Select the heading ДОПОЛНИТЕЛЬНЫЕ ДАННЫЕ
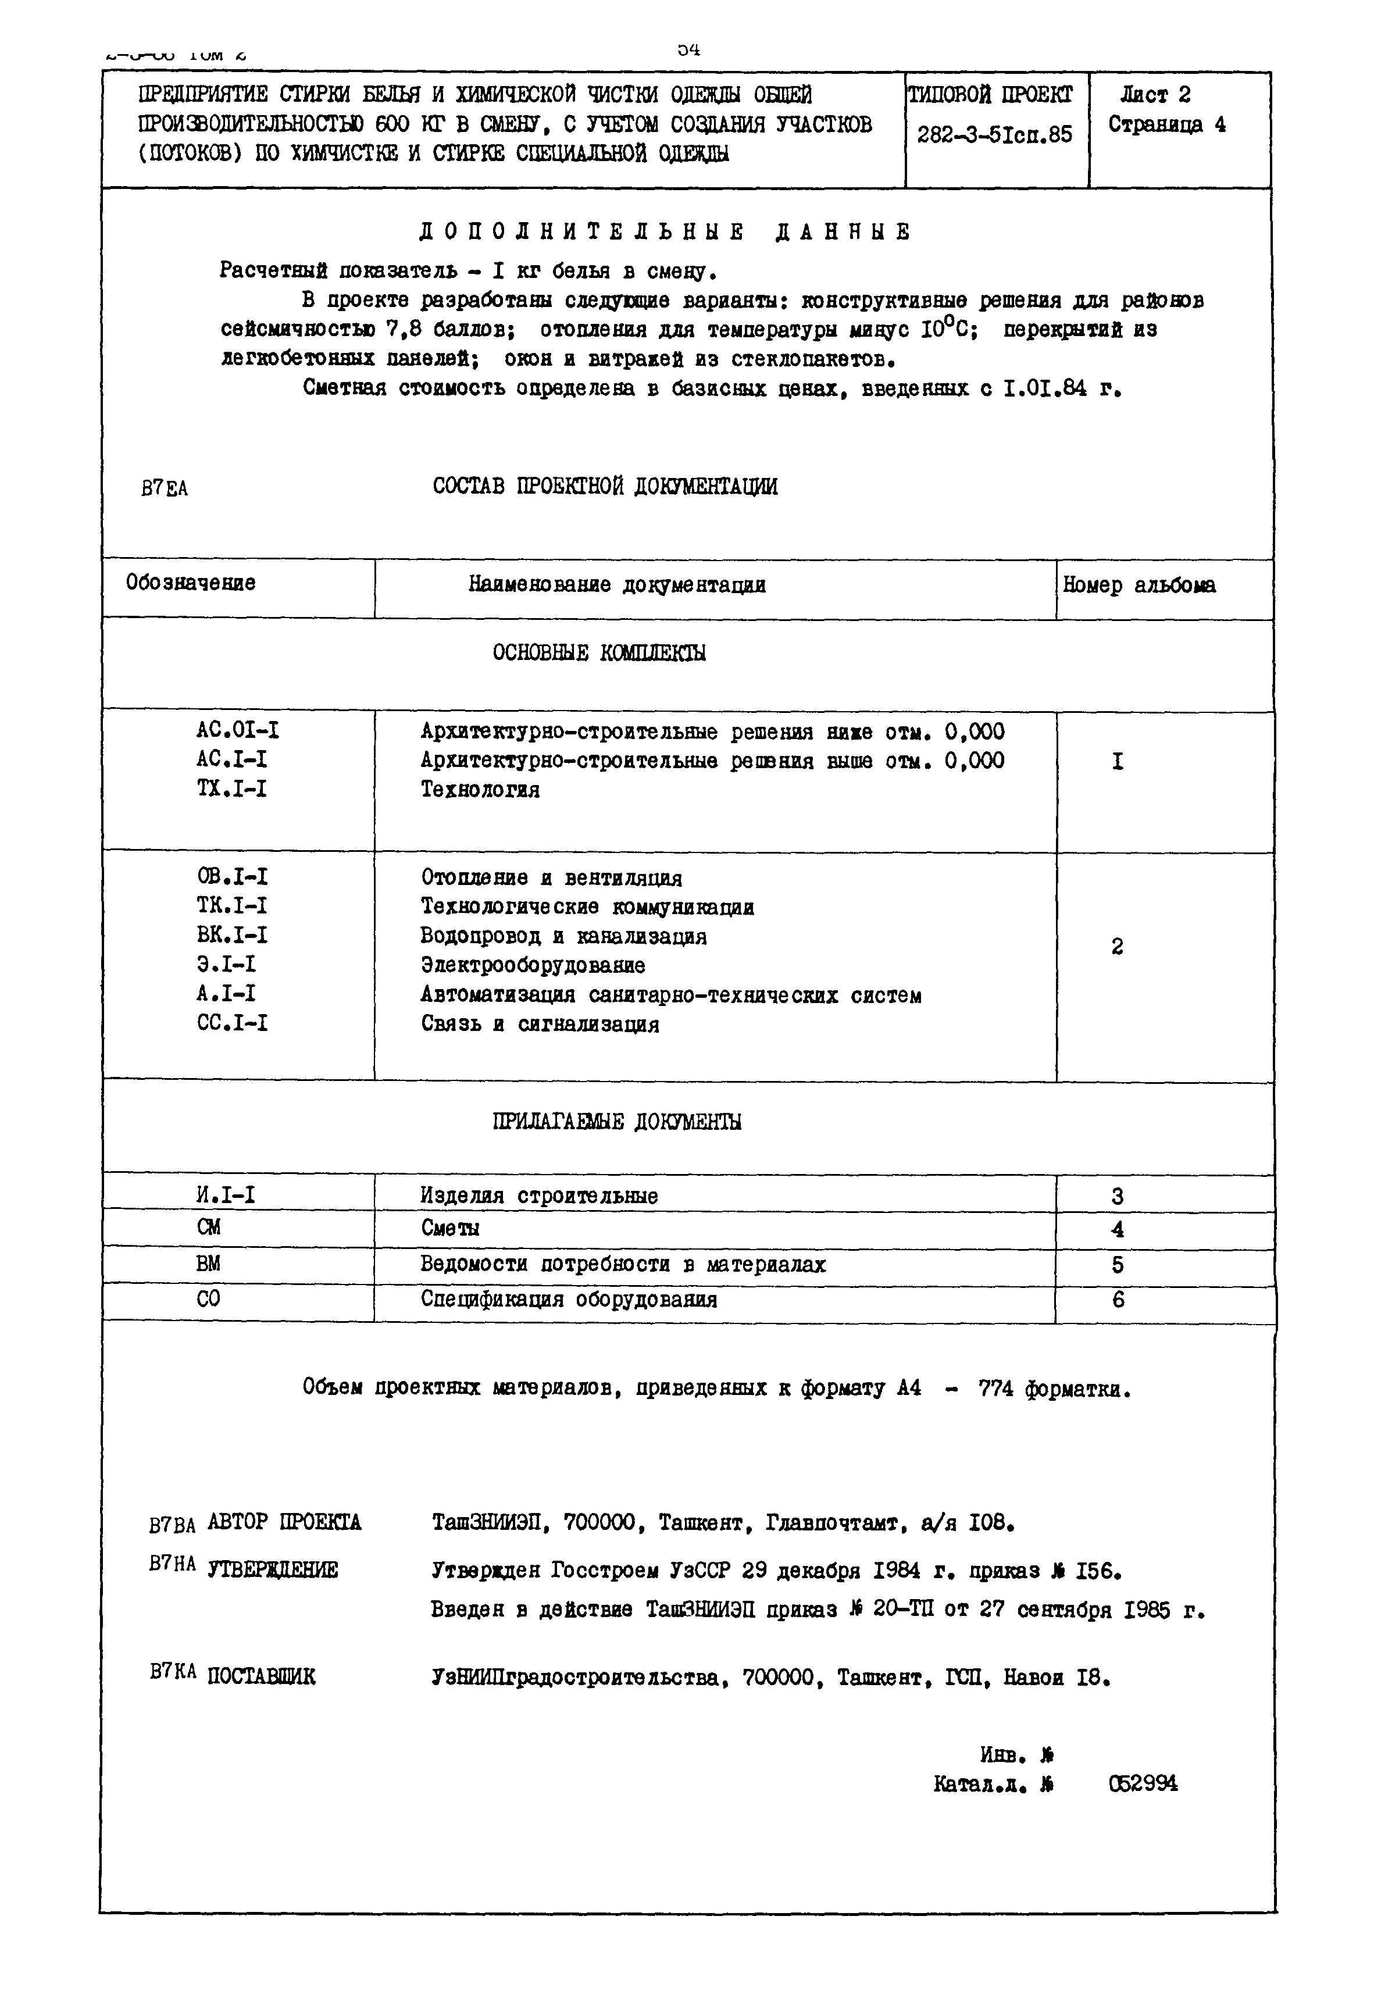[664, 233]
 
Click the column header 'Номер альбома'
[1139, 586]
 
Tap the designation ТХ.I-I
[231, 789]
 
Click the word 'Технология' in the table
[480, 790]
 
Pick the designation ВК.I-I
[231, 935]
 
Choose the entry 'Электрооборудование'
[532, 965]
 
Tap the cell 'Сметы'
[450, 1228]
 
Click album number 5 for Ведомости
[1118, 1265]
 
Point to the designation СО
[208, 1299]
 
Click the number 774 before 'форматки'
[996, 1389]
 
